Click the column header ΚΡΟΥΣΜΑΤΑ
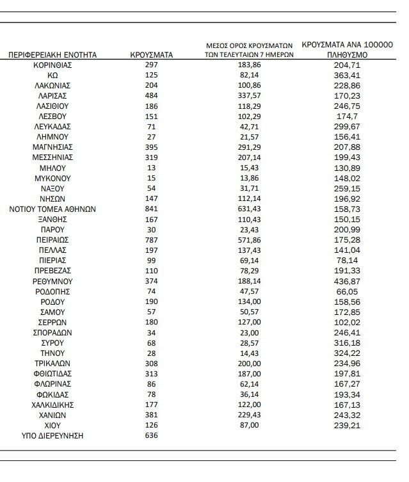[152, 55]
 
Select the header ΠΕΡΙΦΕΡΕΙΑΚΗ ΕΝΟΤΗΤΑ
[52, 55]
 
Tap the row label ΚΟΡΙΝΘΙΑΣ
[52, 65]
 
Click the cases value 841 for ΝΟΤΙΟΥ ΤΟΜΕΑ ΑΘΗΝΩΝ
[152, 209]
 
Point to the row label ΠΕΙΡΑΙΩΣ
[52, 240]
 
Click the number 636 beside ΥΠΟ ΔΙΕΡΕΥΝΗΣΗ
[152, 436]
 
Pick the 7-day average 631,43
[249, 209]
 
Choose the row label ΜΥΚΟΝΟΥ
[52, 178]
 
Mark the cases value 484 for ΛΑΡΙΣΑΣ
[152, 96]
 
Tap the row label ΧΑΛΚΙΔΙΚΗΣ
[52, 405]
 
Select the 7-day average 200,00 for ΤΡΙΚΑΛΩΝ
[249, 364]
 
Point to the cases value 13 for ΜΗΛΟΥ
[152, 168]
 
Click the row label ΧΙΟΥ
[52, 426]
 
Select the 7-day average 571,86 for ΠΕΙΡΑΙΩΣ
[249, 240]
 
